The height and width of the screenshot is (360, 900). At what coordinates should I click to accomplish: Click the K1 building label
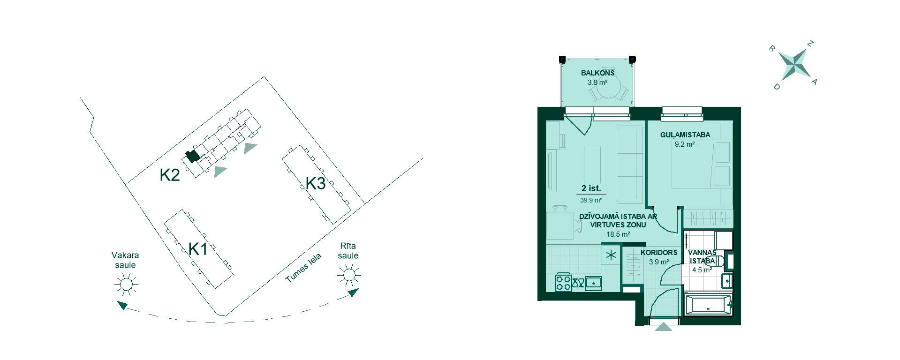coord(198,249)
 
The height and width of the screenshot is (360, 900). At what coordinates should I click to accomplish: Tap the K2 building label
coord(170,175)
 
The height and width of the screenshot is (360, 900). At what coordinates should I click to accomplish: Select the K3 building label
coord(316,183)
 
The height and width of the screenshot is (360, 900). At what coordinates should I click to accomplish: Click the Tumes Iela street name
coord(303,268)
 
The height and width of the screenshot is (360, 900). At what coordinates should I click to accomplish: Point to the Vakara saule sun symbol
coord(126,284)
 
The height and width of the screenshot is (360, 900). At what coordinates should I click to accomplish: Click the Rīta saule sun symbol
coord(349,275)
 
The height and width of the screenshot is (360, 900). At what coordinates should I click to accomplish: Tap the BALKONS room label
coord(597,73)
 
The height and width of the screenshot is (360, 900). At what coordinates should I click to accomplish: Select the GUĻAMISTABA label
coord(685,135)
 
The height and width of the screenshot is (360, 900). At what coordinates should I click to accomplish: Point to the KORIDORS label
coord(659,253)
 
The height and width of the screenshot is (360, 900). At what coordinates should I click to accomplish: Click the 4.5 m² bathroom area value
coord(702,270)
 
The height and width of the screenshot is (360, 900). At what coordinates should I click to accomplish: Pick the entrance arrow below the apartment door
coord(664,327)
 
